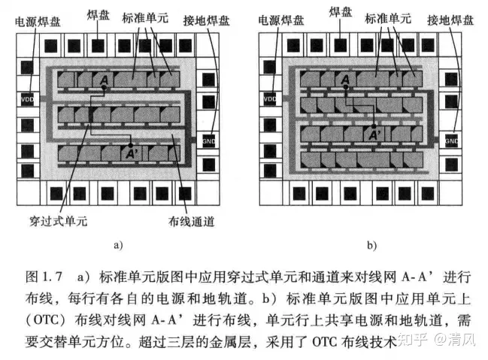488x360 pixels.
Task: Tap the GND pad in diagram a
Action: (x=208, y=140)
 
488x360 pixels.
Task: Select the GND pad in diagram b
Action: (x=450, y=140)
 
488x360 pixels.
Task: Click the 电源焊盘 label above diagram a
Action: (x=38, y=22)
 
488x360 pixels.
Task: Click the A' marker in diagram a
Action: (x=133, y=153)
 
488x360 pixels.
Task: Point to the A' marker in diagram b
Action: (x=373, y=135)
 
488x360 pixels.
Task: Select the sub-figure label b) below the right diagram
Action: (x=371, y=245)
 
